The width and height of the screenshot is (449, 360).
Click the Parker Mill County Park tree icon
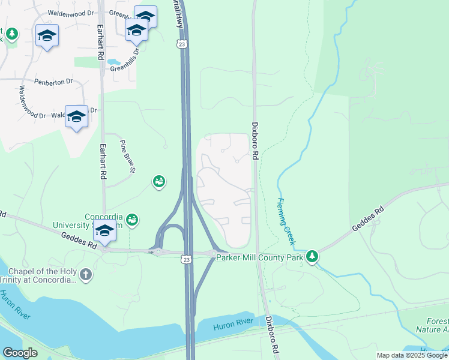coord(312,257)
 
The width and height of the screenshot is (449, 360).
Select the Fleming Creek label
coord(286,221)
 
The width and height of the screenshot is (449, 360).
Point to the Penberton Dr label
coord(53,81)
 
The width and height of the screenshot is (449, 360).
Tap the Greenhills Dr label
coord(125,61)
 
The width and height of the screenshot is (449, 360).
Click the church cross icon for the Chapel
coord(86,275)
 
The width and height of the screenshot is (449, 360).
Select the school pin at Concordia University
coord(104,230)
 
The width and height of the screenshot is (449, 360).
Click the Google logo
coord(20,352)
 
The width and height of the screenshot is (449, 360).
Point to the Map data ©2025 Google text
coord(412,355)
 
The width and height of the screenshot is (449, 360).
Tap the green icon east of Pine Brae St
coord(158,181)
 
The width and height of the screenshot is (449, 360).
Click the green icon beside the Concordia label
coord(131,220)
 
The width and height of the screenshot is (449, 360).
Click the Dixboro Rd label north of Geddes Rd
coord(255,142)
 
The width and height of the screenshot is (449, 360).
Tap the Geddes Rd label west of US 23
coord(78,241)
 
